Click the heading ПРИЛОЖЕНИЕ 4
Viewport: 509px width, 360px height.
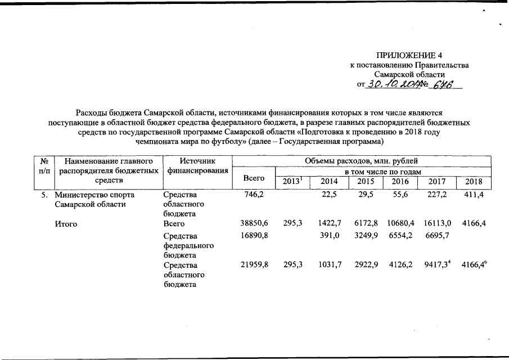[409, 56]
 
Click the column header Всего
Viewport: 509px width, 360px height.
[253, 178]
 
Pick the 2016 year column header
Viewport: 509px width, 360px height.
[400, 182]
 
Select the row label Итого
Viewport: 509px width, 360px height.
[66, 223]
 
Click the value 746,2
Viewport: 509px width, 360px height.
[251, 194]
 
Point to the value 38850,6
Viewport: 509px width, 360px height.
[254, 223]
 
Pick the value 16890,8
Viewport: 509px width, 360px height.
[254, 236]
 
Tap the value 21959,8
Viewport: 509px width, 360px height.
[254, 264]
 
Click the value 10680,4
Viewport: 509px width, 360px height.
[400, 223]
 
